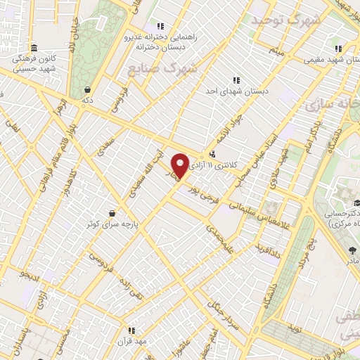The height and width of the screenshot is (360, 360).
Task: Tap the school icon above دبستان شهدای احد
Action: coord(236,80)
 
